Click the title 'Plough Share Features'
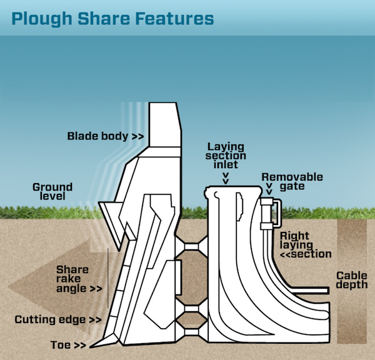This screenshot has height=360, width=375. (x=112, y=19)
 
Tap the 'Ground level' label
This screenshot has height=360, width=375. (x=52, y=191)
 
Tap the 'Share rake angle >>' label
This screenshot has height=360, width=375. (x=78, y=279)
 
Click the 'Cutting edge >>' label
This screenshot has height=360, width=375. (x=57, y=320)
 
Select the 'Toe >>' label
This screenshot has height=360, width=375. (x=69, y=344)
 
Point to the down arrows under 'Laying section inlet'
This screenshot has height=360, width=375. (x=226, y=178)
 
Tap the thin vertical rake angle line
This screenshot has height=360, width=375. (x=107, y=281)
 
